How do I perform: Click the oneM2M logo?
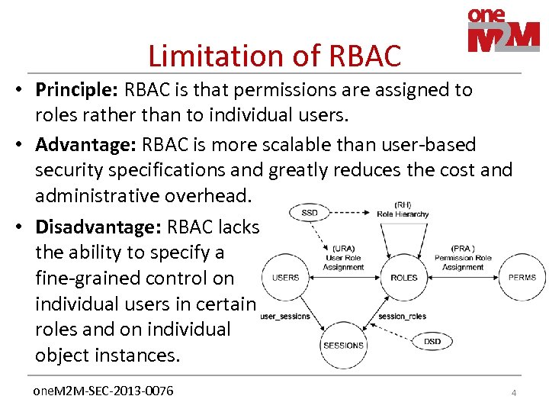point(502,31)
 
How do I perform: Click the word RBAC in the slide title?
point(364,56)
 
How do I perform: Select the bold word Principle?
point(75,90)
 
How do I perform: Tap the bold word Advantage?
point(81,144)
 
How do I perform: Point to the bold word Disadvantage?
point(98,227)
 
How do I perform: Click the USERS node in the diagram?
point(285,277)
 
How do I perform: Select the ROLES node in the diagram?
point(404,277)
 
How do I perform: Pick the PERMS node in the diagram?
point(522,277)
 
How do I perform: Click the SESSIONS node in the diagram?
point(344,345)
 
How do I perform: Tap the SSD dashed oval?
point(310,213)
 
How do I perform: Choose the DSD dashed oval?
point(432,341)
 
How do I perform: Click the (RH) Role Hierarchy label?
point(403,210)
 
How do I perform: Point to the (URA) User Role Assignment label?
point(343,257)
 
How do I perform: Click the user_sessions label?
point(284,316)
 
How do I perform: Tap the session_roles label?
point(402,316)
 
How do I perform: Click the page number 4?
point(513,393)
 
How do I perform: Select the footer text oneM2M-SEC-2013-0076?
point(104,391)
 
